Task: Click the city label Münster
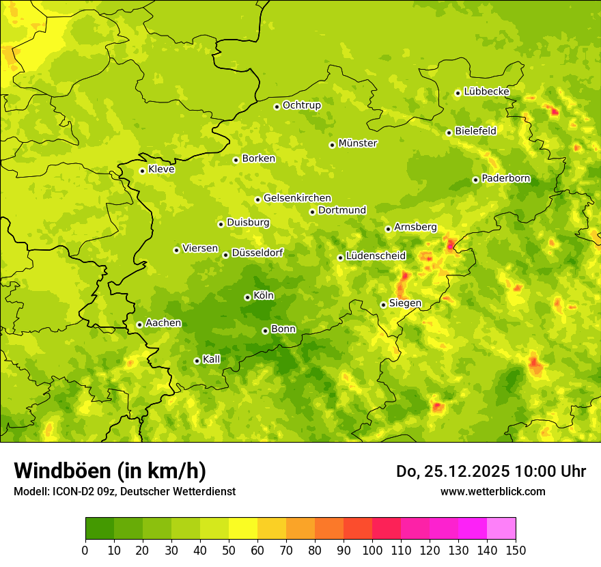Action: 357,143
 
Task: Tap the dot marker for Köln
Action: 247,297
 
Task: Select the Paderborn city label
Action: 505,179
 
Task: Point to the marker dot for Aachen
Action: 139,324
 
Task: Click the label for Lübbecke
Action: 486,92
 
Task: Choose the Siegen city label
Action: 405,303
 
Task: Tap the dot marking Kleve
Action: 142,171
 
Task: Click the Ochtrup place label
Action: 301,105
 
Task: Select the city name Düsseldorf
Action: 257,253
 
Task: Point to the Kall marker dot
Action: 197,361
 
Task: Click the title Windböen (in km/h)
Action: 109,471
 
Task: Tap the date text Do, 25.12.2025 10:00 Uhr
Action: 490,471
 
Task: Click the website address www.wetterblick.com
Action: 492,491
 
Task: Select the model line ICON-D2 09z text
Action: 124,491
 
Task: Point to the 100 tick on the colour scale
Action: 372,551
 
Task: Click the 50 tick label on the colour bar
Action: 229,551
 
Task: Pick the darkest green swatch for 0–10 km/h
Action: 100,529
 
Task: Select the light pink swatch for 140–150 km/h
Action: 501,529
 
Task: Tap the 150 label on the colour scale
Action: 515,551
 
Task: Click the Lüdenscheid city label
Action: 376,256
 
